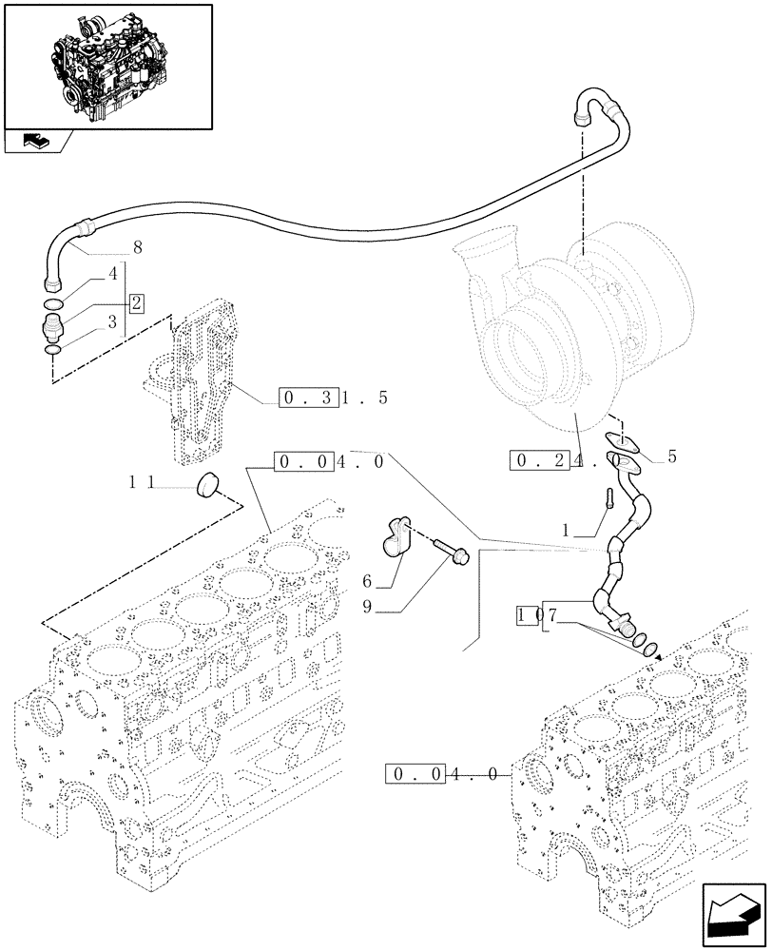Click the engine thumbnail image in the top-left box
(107, 65)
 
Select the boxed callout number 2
(137, 303)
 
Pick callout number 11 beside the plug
(143, 483)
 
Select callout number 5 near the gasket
(671, 456)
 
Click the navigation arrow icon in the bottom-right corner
(732, 913)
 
